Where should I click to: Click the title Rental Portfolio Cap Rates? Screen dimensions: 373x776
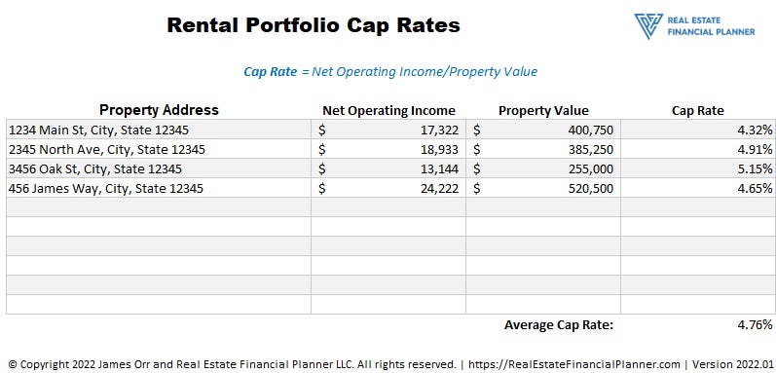pyautogui.click(x=313, y=25)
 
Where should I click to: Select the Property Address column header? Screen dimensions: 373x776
pyautogui.click(x=159, y=110)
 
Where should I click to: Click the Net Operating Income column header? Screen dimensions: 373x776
pyautogui.click(x=388, y=110)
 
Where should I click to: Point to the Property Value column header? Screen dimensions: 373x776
pyautogui.click(x=543, y=110)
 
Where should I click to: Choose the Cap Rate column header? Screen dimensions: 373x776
pyautogui.click(x=697, y=110)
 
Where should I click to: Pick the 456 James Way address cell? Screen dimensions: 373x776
pyautogui.click(x=106, y=188)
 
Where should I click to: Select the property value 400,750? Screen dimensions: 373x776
pyautogui.click(x=588, y=130)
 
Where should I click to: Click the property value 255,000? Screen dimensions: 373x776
pyautogui.click(x=588, y=168)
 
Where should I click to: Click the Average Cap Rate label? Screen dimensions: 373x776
pyautogui.click(x=559, y=324)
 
